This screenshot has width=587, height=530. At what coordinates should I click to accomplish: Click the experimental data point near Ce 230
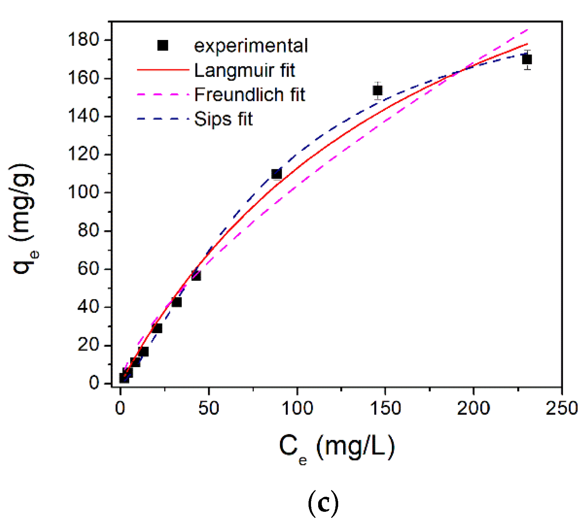point(527,59)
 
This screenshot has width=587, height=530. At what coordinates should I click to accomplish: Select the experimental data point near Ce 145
point(378,91)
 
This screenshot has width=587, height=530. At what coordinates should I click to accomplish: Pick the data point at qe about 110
point(276,174)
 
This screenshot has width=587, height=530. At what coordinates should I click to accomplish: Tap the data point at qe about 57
point(196,276)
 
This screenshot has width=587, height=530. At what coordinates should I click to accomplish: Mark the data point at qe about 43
point(177,302)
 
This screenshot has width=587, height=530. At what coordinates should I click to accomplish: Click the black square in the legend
point(163,45)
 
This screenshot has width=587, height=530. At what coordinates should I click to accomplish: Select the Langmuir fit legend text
point(245,70)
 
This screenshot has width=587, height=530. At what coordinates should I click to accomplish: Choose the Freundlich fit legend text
point(250,95)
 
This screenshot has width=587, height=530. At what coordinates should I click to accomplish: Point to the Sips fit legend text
point(223,119)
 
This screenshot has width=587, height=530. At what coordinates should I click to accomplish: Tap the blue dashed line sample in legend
point(163,119)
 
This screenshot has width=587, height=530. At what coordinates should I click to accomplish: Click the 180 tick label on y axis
point(83,40)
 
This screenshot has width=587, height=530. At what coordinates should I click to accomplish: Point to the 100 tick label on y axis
point(83,192)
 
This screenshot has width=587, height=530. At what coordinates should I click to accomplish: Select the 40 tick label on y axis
point(88,307)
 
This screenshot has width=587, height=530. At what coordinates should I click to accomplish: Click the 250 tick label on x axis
point(562,408)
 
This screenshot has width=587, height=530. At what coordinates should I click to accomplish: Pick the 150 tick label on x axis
point(385,408)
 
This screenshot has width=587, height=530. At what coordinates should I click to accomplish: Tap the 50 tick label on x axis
point(209,408)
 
